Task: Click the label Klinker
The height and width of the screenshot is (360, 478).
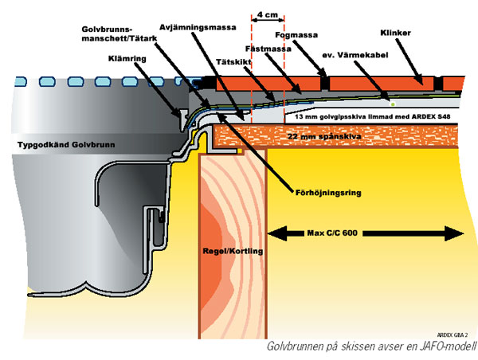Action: click(395, 33)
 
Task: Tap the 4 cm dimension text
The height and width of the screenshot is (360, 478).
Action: click(268, 14)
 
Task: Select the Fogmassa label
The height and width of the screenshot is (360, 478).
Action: click(296, 35)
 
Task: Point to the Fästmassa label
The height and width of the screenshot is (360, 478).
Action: click(268, 49)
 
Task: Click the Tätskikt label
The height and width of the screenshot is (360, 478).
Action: click(233, 62)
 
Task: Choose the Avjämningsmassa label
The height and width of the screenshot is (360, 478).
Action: click(198, 27)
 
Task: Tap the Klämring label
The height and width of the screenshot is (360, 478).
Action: click(127, 58)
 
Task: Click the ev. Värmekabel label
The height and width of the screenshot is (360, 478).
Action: click(355, 55)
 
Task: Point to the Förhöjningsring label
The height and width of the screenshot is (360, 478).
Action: click(328, 193)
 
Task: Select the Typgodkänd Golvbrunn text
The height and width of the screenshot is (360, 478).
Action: click(66, 144)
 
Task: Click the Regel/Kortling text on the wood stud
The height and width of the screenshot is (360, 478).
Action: click(233, 251)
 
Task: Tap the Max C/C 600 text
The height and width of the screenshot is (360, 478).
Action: click(332, 233)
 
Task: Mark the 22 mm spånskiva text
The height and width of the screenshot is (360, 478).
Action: click(324, 136)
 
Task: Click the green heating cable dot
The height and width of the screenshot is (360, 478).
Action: click(393, 104)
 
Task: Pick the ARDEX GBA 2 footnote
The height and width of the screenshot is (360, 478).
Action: click(453, 335)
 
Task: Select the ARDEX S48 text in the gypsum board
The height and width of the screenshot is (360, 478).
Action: click(431, 117)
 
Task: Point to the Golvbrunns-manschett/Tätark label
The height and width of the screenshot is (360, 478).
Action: click(119, 34)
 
